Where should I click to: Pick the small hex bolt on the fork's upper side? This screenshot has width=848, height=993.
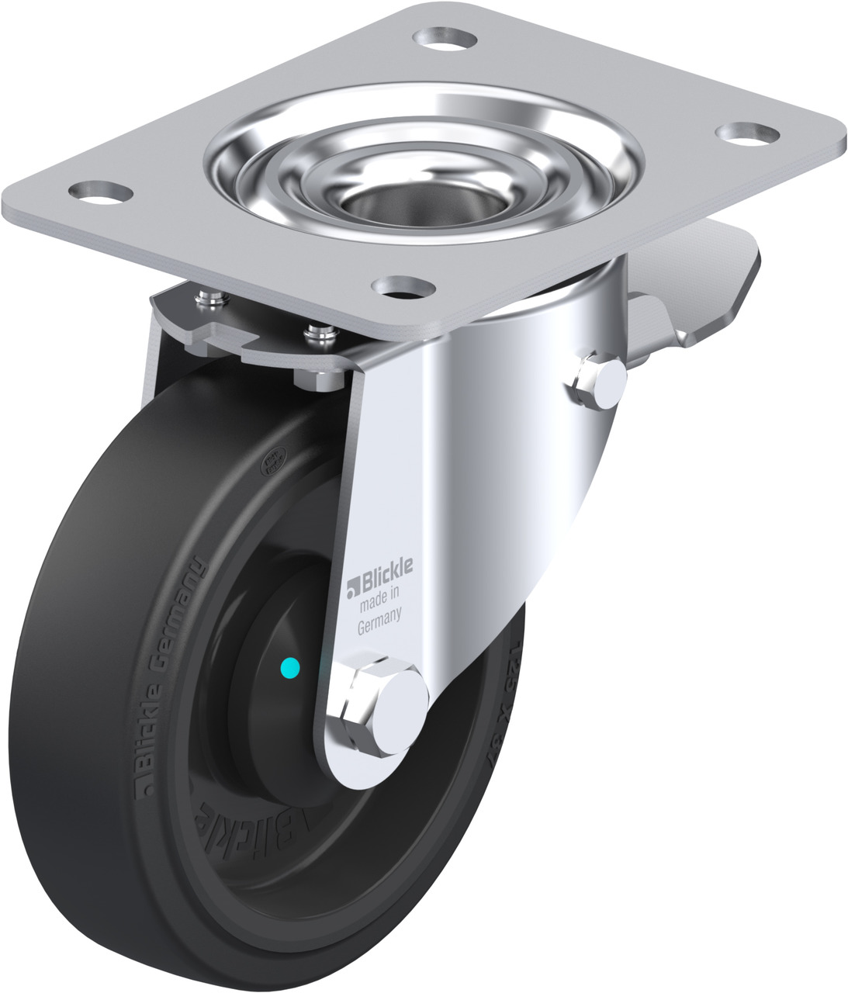tap(599, 381)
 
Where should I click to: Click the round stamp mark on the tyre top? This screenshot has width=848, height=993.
tap(273, 466)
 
